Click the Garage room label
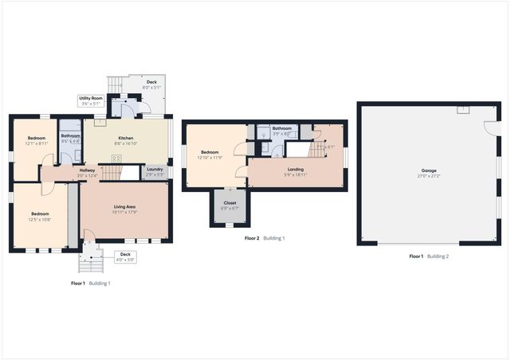tap(429, 171)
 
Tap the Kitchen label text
tap(126, 139)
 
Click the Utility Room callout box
tap(90, 100)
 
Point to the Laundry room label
tap(155, 169)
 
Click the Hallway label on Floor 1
tap(87, 170)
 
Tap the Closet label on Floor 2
tap(229, 203)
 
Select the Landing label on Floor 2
tap(295, 170)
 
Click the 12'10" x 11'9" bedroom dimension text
tap(210, 157)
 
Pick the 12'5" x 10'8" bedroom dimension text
tap(40, 218)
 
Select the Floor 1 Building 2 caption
tap(429, 256)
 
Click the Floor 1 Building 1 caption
tap(91, 283)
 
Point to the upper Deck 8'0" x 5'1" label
tap(151, 84)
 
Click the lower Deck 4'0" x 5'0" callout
tap(125, 257)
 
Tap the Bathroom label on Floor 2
tap(281, 128)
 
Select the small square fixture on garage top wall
tap(463, 108)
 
